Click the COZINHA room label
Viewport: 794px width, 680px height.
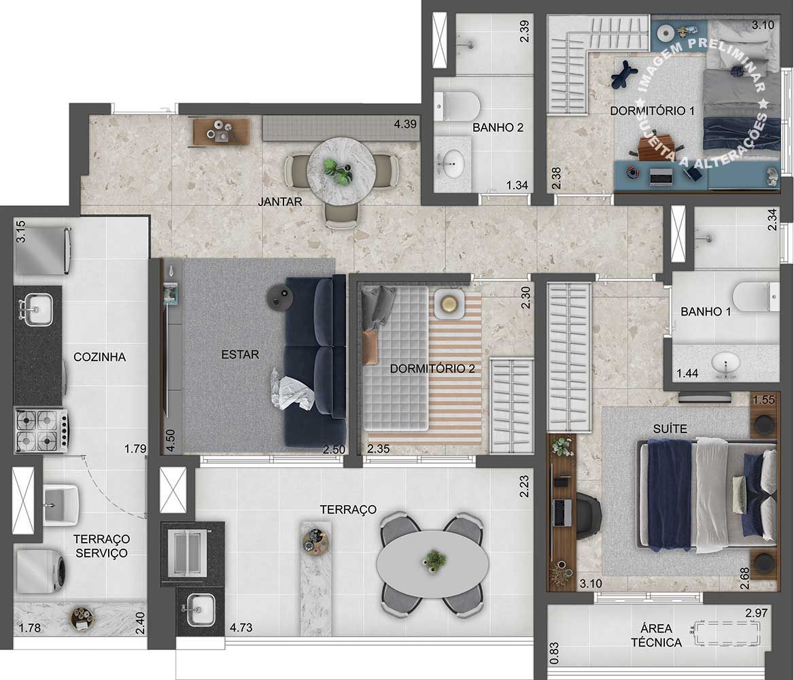pos(100,357)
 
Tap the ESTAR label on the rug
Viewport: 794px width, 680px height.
pos(240,354)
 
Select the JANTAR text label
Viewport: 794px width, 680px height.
pos(280,202)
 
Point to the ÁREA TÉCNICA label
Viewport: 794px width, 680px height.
pos(656,635)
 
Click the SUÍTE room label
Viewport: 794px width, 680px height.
pos(670,428)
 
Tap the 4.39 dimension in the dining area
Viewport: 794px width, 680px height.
pos(406,124)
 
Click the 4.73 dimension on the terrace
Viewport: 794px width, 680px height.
pos(241,628)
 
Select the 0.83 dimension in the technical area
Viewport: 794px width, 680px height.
pos(555,653)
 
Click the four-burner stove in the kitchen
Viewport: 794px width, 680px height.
pos(41,430)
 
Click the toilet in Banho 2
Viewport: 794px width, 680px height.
pos(457,106)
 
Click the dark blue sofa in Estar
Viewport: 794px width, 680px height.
pos(315,362)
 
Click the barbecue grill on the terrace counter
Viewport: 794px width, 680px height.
pos(187,554)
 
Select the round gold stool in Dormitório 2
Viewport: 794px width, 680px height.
pos(448,304)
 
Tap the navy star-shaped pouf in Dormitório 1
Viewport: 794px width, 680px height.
pos(625,74)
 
